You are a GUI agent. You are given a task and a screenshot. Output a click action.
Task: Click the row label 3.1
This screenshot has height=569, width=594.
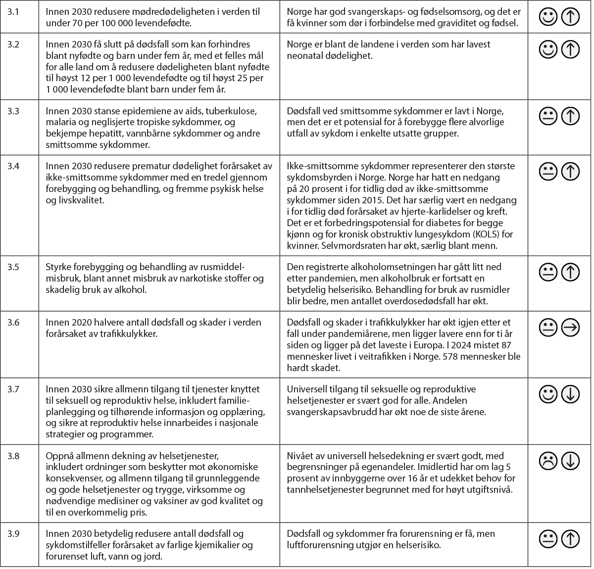point(13,11)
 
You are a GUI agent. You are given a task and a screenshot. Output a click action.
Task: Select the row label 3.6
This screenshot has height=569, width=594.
point(13,323)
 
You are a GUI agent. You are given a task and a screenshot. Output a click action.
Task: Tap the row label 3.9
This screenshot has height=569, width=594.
point(13,534)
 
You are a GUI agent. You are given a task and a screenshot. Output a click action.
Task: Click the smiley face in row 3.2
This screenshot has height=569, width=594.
point(548,49)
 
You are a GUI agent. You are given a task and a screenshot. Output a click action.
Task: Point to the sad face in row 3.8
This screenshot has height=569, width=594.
point(548,461)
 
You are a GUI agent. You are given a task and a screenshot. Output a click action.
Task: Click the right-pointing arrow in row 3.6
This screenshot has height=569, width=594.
point(571,328)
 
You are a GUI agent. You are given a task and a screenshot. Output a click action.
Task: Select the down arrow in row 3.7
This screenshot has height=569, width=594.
point(571,394)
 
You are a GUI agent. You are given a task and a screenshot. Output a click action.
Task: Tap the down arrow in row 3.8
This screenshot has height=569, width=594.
point(571,461)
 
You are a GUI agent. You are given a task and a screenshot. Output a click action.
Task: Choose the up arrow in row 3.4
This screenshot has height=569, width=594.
point(571,171)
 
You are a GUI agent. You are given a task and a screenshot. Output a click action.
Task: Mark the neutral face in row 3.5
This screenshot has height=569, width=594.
point(548,272)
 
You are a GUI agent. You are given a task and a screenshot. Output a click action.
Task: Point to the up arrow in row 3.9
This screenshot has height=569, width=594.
point(571,539)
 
